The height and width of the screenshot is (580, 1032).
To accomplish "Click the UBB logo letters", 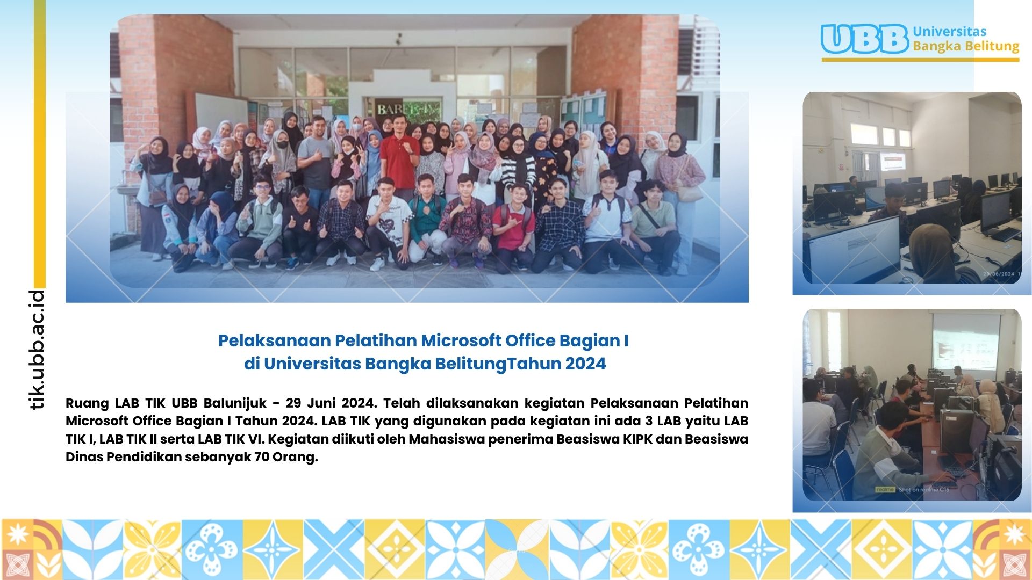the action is click(865, 39).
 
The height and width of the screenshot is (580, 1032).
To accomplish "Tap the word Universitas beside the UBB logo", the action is click(950, 31).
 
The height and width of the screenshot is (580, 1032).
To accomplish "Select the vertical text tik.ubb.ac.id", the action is click(37, 350).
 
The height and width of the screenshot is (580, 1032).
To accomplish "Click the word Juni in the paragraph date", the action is click(321, 403).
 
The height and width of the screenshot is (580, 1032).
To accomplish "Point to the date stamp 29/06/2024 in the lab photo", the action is click(999, 274).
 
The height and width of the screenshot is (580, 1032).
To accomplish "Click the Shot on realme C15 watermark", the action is click(924, 489).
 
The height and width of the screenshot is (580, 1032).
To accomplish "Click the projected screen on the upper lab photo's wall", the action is click(892, 162).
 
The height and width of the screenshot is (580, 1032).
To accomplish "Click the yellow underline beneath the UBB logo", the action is click(920, 60).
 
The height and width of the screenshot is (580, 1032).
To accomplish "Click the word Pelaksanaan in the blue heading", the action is click(274, 340).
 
